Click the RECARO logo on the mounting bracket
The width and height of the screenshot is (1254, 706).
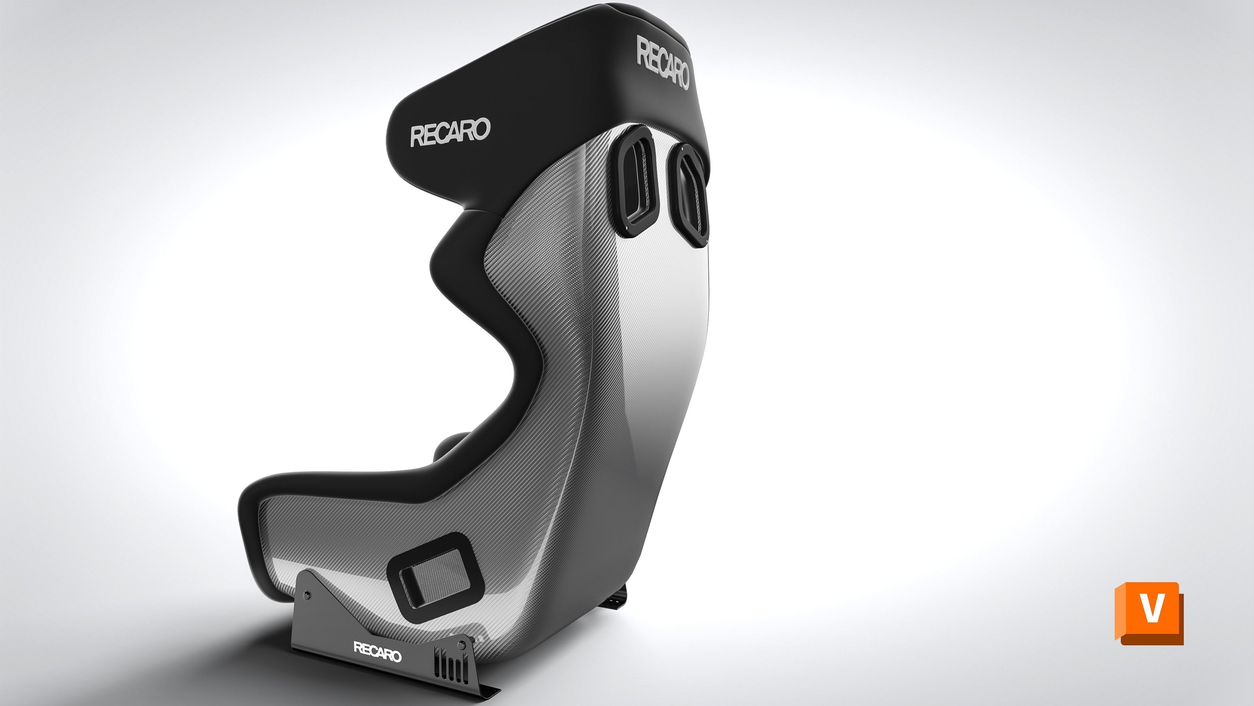pyautogui.click(x=377, y=651)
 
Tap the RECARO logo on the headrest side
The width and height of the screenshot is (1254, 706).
pyautogui.click(x=450, y=131)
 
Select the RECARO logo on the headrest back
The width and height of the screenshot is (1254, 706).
pyautogui.click(x=663, y=63)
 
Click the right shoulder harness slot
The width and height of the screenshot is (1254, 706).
pyautogui.click(x=689, y=195)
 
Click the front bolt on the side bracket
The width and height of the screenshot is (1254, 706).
pyautogui.click(x=462, y=646)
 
